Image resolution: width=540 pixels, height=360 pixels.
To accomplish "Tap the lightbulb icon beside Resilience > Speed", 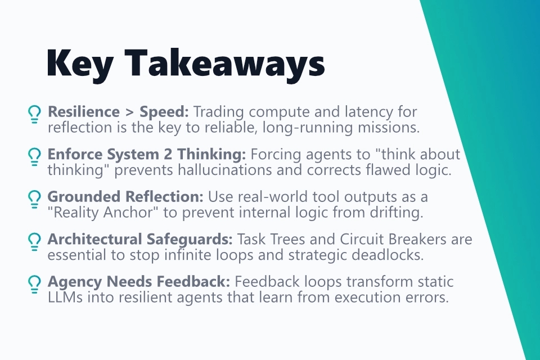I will (x=35, y=114).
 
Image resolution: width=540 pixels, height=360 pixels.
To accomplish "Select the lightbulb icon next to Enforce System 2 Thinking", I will (x=35, y=156).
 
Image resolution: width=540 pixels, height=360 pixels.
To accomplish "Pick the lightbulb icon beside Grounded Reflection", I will (x=35, y=199).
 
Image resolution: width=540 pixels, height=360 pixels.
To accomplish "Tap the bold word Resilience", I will (x=83, y=112).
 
